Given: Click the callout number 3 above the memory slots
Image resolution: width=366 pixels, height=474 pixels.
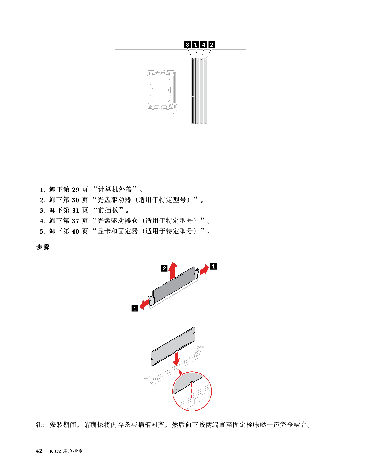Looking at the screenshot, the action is click(187, 45).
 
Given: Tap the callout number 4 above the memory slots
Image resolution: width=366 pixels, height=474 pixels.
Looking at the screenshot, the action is click(204, 45).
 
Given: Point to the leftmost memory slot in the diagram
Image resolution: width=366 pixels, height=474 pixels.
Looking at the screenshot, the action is click(193, 91).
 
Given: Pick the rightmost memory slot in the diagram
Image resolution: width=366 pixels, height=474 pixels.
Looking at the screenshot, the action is click(205, 91).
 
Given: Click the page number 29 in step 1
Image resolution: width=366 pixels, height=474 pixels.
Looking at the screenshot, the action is click(76, 190).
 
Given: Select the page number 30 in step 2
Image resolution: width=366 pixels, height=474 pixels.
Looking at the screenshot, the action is click(76, 200).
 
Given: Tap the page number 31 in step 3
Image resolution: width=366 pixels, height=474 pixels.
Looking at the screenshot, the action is click(76, 211).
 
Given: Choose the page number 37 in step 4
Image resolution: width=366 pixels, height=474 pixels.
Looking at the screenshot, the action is click(76, 221).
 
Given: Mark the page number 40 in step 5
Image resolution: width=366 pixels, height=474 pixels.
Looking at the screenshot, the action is click(76, 232).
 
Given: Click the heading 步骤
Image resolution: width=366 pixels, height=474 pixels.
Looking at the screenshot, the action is click(43, 247).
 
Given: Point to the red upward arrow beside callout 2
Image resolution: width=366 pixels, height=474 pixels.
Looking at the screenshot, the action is click(173, 271).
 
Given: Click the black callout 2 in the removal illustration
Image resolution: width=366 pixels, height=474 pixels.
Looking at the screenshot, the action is click(164, 268).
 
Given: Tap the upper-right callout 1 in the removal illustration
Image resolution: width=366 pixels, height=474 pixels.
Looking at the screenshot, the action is click(213, 266).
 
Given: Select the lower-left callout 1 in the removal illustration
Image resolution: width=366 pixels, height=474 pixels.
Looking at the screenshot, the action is click(135, 308).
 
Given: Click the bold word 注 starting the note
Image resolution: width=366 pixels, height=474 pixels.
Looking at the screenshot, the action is click(39, 425).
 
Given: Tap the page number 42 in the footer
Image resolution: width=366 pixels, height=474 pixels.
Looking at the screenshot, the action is click(39, 451).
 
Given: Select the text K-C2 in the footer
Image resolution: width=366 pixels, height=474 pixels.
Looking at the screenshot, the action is click(55, 452).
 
